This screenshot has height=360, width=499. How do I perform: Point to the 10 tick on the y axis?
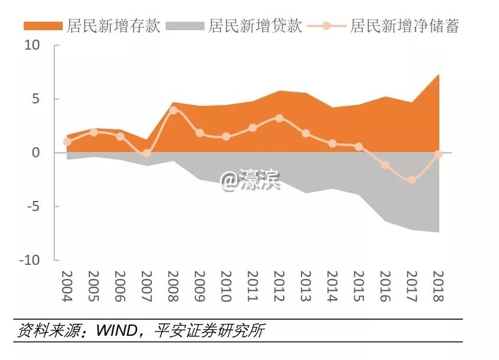click(x=32, y=46)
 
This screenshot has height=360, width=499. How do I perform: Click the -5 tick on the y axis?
click(x=33, y=206)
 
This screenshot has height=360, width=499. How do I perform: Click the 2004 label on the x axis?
click(x=67, y=286)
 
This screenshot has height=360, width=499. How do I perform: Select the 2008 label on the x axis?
click(x=173, y=286)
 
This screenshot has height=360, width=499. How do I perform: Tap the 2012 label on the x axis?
click(x=279, y=286)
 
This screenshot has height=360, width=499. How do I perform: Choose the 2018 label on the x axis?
click(x=438, y=286)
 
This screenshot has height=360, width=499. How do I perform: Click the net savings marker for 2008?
click(x=173, y=111)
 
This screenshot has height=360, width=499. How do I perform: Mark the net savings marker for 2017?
click(x=412, y=180)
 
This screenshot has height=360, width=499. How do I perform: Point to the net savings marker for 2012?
click(x=279, y=118)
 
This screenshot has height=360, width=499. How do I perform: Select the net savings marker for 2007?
click(x=147, y=153)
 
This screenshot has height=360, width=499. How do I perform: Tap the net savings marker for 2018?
click(x=438, y=154)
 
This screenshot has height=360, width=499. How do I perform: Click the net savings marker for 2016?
click(x=385, y=165)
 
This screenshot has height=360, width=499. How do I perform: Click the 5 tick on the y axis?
click(x=35, y=99)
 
